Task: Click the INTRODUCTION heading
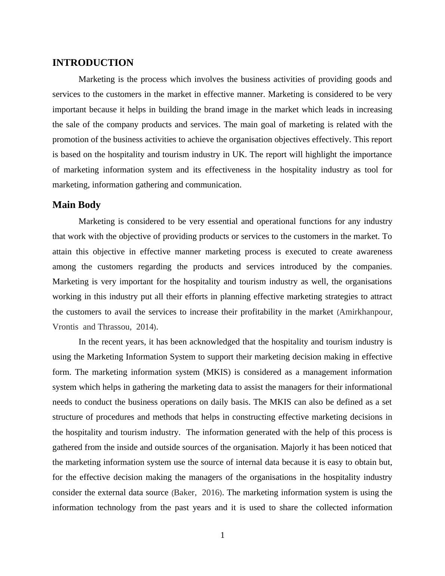(x=93, y=63)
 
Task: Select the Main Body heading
(x=76, y=205)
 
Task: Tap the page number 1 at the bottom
(x=222, y=536)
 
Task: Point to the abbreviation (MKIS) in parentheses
(x=217, y=372)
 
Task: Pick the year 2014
(x=145, y=327)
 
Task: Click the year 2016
(x=211, y=493)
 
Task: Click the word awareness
(x=374, y=252)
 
